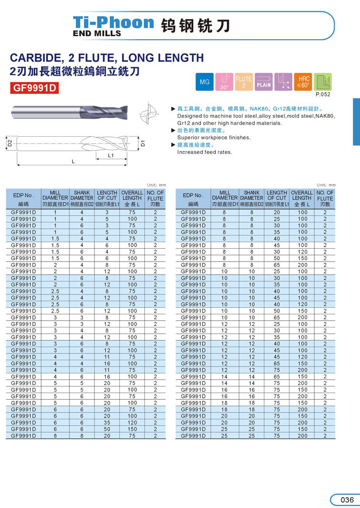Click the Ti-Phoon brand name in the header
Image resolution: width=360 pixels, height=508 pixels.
113,22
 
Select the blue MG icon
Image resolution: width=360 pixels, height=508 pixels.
205,82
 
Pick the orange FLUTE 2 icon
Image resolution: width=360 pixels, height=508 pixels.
244,82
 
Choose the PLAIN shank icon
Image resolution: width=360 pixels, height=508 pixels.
264,82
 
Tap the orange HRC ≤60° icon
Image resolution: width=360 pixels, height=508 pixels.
303,82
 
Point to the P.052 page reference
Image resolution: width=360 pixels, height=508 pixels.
323,94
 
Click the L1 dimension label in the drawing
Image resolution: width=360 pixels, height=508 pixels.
111,155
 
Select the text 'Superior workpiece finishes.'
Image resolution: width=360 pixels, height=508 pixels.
214,137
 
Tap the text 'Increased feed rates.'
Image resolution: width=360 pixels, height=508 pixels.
205,152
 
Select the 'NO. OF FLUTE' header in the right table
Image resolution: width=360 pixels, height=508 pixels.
325,198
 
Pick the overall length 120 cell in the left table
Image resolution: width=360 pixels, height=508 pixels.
132,422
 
